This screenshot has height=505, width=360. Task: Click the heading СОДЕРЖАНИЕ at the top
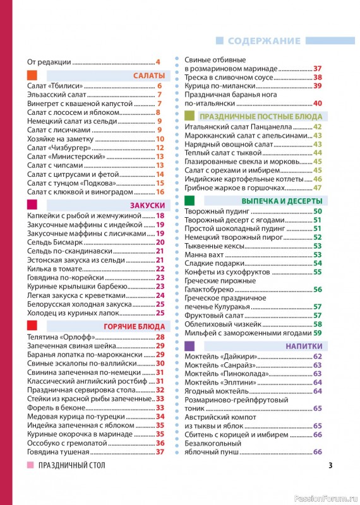pyautogui.click(x=264, y=41)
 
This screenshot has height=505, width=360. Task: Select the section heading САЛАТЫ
pyautogui.click(x=149, y=76)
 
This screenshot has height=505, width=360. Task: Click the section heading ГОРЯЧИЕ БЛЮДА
pyautogui.click(x=135, y=326)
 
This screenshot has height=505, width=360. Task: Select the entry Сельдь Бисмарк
pyautogui.click(x=56, y=242)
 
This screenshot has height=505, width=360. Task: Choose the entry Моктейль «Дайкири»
pyautogui.click(x=218, y=357)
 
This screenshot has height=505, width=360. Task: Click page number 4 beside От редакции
pyautogui.click(x=158, y=62)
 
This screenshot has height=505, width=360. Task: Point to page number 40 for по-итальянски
pyautogui.click(x=318, y=104)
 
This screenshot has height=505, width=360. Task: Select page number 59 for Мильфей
pyautogui.click(x=318, y=333)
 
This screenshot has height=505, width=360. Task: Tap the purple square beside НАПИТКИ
pyautogui.click(x=189, y=346)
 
